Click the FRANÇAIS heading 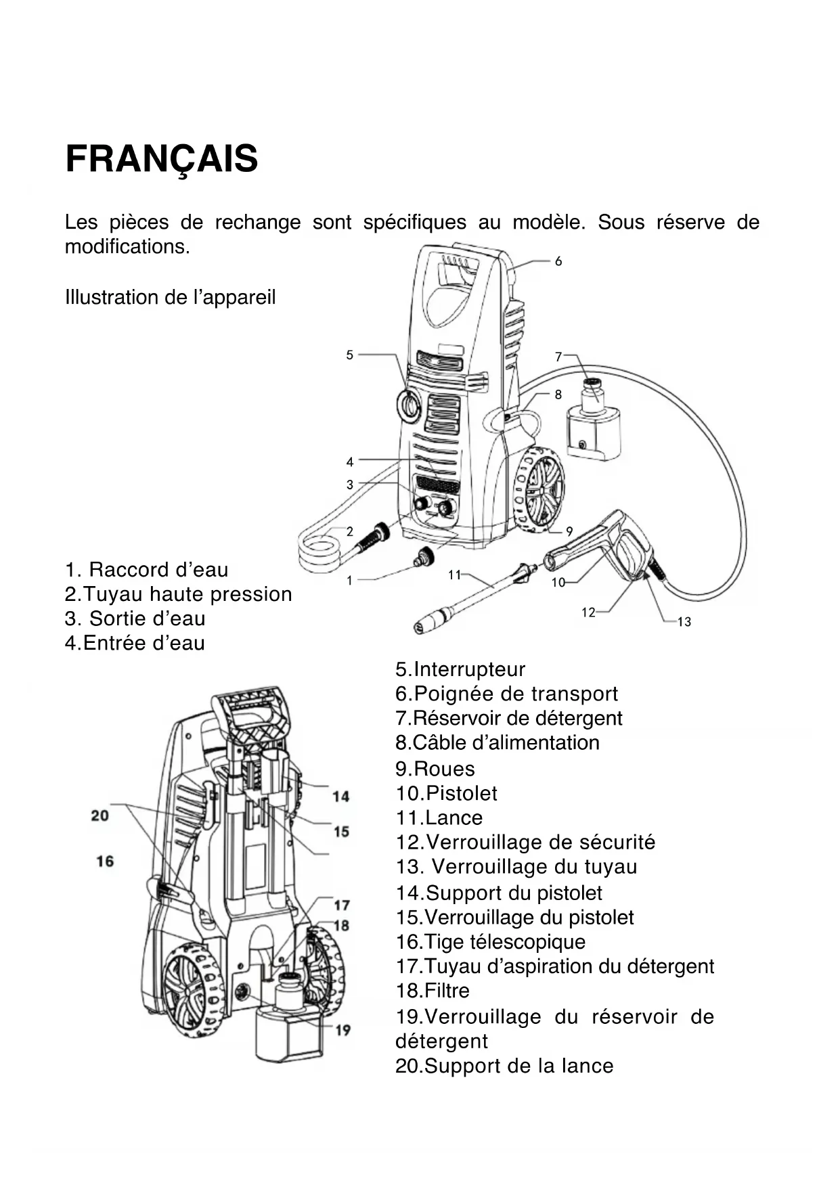161,159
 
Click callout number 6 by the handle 558,261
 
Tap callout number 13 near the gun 684,622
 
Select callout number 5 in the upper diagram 349,355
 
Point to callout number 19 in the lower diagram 343,1030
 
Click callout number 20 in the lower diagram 100,815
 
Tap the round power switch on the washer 409,405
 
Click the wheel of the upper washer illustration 539,489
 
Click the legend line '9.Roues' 435,769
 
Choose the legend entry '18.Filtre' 432,991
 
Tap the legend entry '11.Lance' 439,818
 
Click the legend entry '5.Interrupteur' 460,669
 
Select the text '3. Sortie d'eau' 135,619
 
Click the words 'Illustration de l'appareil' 170,297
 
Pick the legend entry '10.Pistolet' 446,793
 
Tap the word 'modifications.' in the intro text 127,246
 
